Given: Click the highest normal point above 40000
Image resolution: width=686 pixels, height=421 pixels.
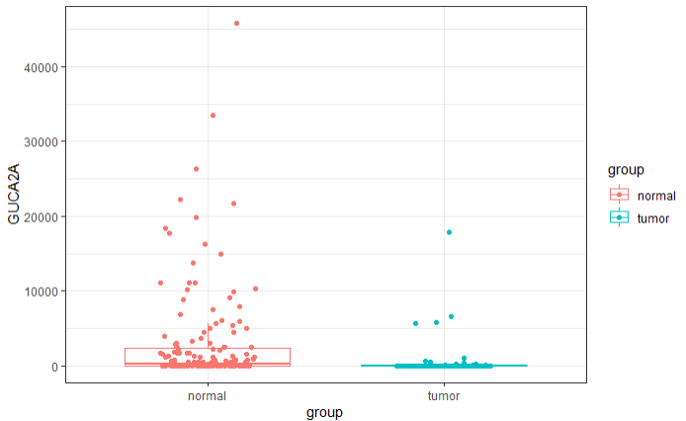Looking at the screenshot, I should point(236,23).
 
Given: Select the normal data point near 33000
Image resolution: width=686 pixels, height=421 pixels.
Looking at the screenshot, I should point(213,116).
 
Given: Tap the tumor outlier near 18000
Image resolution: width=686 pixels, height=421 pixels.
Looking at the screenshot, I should point(449,232).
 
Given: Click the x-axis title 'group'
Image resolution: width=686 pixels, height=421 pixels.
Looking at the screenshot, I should point(325,412).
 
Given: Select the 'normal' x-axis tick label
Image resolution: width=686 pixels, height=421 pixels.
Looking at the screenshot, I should point(207,395).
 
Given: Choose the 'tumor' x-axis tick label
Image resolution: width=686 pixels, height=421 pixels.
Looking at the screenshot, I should point(444,395).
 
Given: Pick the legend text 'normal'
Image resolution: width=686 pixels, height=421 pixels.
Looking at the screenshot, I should point(656,195).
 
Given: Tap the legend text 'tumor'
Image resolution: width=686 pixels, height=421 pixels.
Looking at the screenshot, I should point(653,218).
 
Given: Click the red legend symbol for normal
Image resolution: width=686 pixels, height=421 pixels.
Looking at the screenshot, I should point(619,195).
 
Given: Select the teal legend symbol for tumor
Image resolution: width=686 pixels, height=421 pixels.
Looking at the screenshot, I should point(619,218).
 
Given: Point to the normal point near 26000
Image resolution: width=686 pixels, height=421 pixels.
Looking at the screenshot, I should point(196,169).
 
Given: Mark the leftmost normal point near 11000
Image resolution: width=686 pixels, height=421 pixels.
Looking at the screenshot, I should point(160,283).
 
